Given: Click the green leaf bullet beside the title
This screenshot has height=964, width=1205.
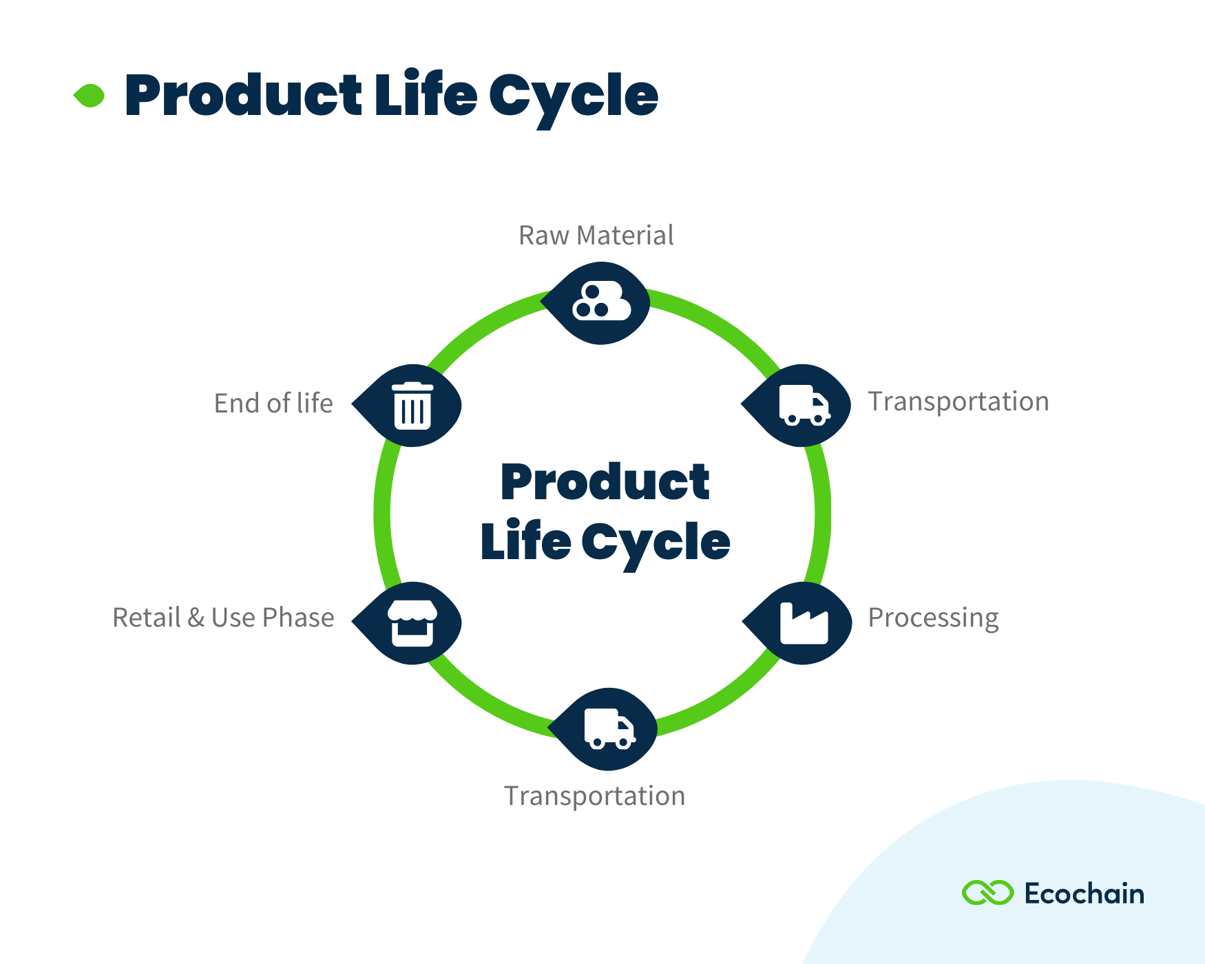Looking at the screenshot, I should (90, 96).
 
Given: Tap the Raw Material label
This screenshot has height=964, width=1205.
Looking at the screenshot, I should (596, 235).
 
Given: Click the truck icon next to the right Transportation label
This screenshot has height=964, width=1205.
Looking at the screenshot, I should (804, 405).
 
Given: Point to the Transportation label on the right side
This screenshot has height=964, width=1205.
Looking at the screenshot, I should (958, 402).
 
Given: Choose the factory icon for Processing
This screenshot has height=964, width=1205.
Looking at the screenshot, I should (804, 623).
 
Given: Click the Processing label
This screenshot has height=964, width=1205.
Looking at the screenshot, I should (933, 618).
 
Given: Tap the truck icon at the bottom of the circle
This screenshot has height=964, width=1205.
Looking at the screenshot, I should (609, 729).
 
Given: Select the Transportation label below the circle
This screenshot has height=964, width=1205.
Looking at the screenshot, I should (594, 796).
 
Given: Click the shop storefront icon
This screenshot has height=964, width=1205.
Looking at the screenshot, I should (412, 623).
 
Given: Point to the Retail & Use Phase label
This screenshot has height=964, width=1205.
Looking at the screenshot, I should (223, 618).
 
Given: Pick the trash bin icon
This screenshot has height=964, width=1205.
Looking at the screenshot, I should (412, 406).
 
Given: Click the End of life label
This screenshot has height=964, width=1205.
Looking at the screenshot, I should (273, 404).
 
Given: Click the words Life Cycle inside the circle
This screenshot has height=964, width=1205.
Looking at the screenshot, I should (605, 542).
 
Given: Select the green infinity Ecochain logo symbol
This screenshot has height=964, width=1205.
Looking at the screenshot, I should (987, 893).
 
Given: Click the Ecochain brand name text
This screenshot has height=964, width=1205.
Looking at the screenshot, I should (1084, 894).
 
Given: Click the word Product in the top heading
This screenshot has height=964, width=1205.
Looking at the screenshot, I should (242, 96).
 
